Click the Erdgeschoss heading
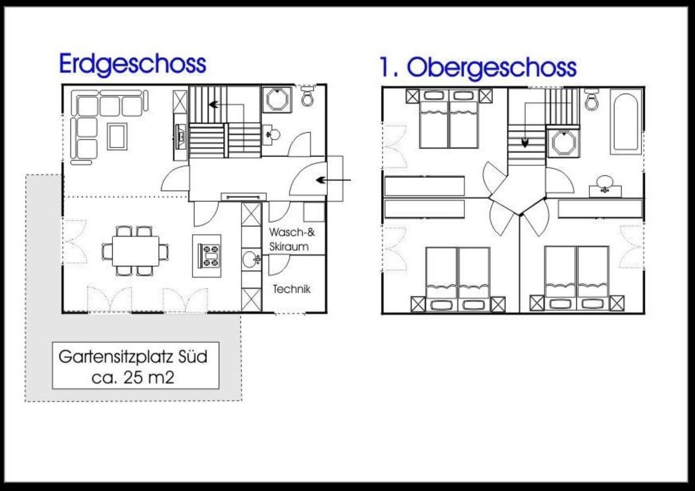coord(133,65)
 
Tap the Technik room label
coord(292,289)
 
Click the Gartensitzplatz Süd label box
coord(136,366)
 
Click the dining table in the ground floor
coord(136,251)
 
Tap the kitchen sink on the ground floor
coord(250,259)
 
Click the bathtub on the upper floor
coord(626,122)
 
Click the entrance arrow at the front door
coord(334,180)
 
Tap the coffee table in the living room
coord(117,136)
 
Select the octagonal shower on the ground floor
coord(277,99)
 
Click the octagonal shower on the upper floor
coord(563,143)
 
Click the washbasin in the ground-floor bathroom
coord(271,135)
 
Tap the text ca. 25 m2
coord(133,378)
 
